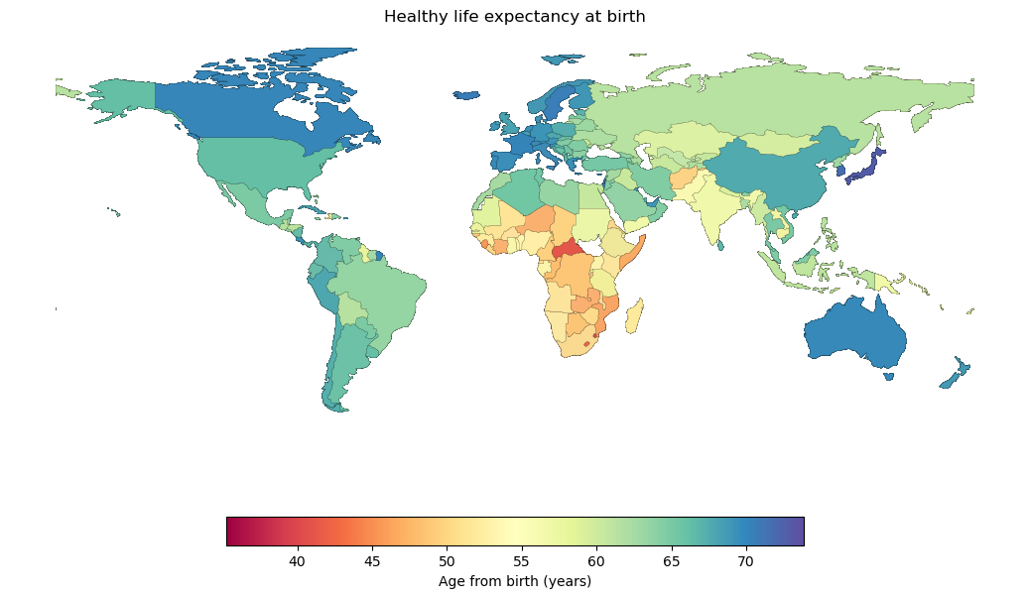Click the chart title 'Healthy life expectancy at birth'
[514, 17]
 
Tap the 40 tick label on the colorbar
[297, 562]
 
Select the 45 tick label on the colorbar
[372, 562]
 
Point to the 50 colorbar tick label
[447, 562]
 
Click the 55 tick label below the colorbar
[521, 562]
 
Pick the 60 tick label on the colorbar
[596, 562]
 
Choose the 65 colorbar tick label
[671, 562]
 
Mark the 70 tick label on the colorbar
[745, 562]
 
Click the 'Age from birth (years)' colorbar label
[514, 581]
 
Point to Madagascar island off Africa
[633, 316]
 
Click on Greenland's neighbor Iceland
[466, 96]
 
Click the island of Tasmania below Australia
[888, 376]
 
